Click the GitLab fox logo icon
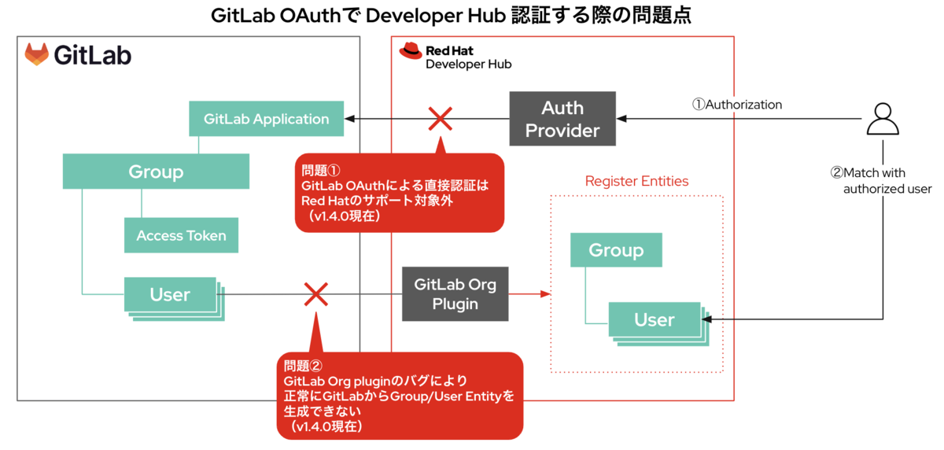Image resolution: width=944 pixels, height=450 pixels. click(x=36, y=54)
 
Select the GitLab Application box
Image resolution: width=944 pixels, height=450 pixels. click(x=266, y=120)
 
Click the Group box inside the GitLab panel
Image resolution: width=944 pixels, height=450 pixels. click(x=156, y=172)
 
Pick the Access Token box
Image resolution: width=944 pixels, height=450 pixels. click(x=181, y=235)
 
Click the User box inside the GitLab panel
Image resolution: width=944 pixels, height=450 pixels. click(x=170, y=294)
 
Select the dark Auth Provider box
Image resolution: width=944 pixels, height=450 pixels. click(x=562, y=120)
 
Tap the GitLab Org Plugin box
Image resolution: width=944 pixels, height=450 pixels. click(x=455, y=293)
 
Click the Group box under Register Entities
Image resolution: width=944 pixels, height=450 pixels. click(x=616, y=250)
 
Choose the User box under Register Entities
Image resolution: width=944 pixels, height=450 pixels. click(x=654, y=319)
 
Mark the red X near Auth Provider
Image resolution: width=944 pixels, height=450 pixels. click(x=439, y=120)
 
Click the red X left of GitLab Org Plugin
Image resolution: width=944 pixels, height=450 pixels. click(x=315, y=295)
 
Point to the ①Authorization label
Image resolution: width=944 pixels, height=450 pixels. click(x=736, y=105)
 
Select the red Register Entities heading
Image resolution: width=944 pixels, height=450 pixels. click(x=636, y=181)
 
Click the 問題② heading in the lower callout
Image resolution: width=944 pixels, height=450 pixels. click(x=304, y=366)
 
